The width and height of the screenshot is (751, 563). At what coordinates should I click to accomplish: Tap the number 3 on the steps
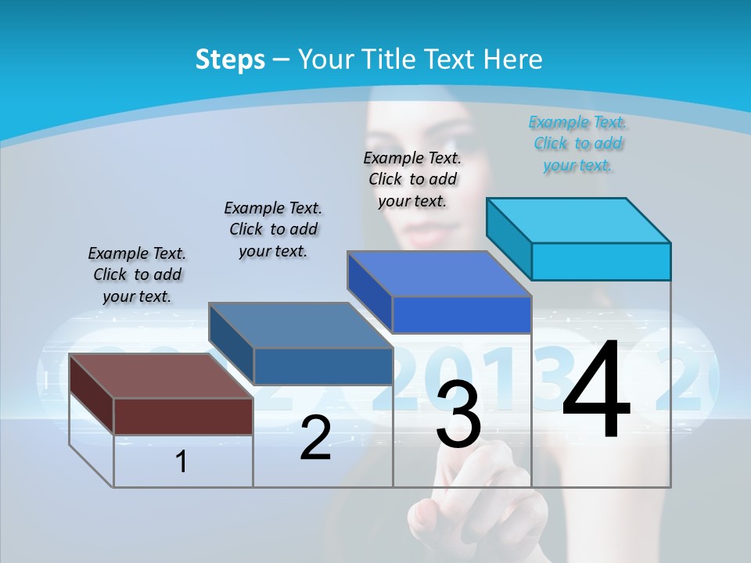458,415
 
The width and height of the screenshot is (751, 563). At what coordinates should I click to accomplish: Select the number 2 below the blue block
315,439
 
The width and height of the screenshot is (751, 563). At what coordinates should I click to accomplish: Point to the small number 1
181,461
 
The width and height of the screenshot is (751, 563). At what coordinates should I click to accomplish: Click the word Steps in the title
230,59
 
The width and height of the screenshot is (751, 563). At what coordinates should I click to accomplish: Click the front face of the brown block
183,416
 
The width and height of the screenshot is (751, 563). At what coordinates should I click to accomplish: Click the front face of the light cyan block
601,261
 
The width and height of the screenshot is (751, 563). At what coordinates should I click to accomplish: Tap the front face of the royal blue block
462,314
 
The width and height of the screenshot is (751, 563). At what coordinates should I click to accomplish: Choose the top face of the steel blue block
300,325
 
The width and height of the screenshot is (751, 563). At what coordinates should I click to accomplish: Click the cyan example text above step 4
577,143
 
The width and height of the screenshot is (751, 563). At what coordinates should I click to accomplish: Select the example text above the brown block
137,274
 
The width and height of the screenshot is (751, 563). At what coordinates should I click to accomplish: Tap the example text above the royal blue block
412,179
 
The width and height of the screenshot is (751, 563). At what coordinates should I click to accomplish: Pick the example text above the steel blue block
273,229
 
